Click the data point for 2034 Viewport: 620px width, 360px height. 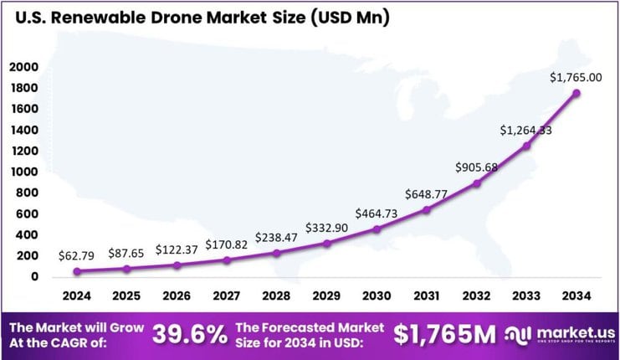point(576,93)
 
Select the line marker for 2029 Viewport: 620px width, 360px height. point(327,244)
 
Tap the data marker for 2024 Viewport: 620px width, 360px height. point(78,271)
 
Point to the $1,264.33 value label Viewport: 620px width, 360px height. point(525,131)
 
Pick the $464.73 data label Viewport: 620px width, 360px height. point(377,213)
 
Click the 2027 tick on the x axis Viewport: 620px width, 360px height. point(227,296)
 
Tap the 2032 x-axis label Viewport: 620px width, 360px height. point(476,296)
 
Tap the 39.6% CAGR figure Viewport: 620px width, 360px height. point(189,335)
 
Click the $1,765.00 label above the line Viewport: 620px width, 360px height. point(576,77)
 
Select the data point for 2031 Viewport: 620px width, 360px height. point(426,209)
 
